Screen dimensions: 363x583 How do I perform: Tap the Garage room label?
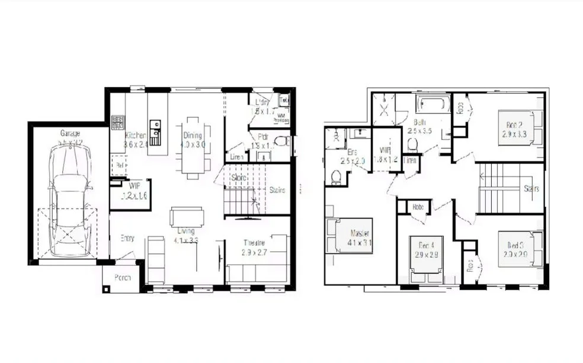point(70,133)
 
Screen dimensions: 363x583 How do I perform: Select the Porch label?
point(122,277)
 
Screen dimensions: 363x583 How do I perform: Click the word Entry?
point(127,238)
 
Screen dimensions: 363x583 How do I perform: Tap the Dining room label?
point(193,136)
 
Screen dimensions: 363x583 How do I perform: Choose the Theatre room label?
point(254,243)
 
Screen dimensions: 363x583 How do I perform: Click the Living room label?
point(186,231)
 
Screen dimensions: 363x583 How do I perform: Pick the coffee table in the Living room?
point(187,216)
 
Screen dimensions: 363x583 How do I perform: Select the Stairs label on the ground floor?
point(277,190)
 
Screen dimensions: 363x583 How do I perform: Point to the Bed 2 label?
point(514,125)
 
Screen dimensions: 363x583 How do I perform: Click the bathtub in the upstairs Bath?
point(433,105)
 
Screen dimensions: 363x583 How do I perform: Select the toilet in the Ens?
point(336,177)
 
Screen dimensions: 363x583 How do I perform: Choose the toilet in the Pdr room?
point(283,141)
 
